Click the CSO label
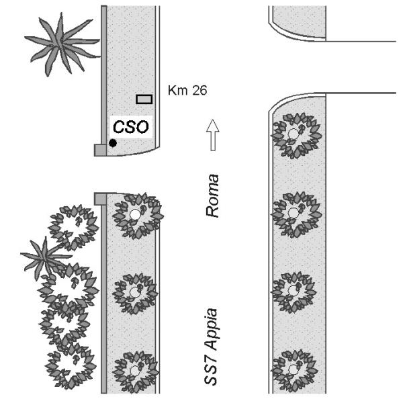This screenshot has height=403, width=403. point(130,126)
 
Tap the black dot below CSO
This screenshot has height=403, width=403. point(113,143)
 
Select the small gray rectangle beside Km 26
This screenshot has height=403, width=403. point(144,99)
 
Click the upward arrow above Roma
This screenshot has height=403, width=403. point(212,135)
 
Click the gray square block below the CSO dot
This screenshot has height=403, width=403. point(100,150)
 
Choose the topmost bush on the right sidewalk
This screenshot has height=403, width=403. point(294,135)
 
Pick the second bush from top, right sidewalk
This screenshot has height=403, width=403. point(294,214)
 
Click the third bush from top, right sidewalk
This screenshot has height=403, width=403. point(294,293)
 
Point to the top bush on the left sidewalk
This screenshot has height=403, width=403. point(137,215)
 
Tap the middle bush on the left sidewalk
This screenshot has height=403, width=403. point(137,294)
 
